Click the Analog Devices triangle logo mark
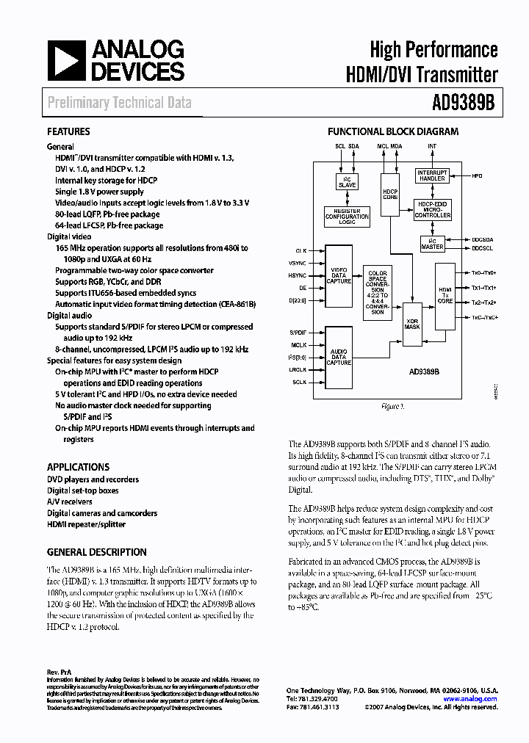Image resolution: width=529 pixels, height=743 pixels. pos(65,61)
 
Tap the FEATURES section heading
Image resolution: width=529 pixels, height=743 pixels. pos(68,132)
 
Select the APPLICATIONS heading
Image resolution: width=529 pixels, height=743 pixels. pos(78,467)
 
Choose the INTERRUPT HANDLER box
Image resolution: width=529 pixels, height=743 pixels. pos(431,175)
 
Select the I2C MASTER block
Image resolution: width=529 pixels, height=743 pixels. pos(432,244)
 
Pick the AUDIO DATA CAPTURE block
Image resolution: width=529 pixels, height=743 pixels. pos(339,357)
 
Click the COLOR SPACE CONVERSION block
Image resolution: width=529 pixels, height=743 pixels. pos(377,293)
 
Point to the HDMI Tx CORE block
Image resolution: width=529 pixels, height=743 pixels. pos(445,295)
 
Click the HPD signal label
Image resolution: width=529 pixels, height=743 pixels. pos(478,176)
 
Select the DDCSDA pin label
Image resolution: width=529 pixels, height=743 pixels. pos(481,240)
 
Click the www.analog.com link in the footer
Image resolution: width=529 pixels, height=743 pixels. pos(474,699)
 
